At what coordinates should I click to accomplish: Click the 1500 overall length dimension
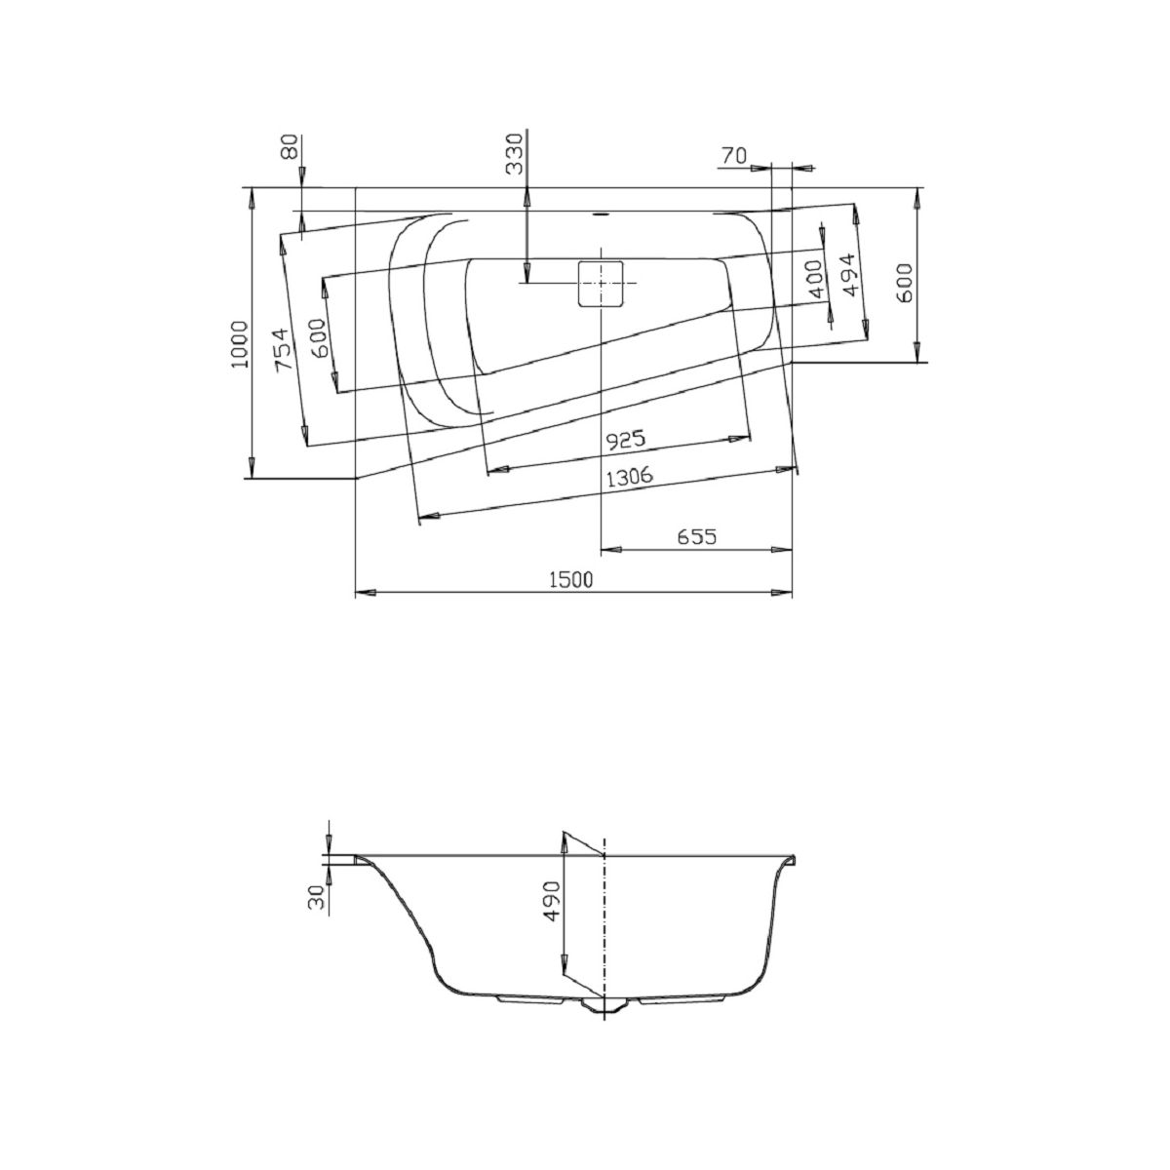[x=570, y=580]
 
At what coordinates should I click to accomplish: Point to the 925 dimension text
[x=625, y=440]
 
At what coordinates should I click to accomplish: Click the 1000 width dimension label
[x=241, y=344]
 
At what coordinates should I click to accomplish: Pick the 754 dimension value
[x=284, y=351]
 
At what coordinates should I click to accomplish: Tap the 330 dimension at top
[x=514, y=154]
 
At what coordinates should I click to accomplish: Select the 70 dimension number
[x=733, y=157]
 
